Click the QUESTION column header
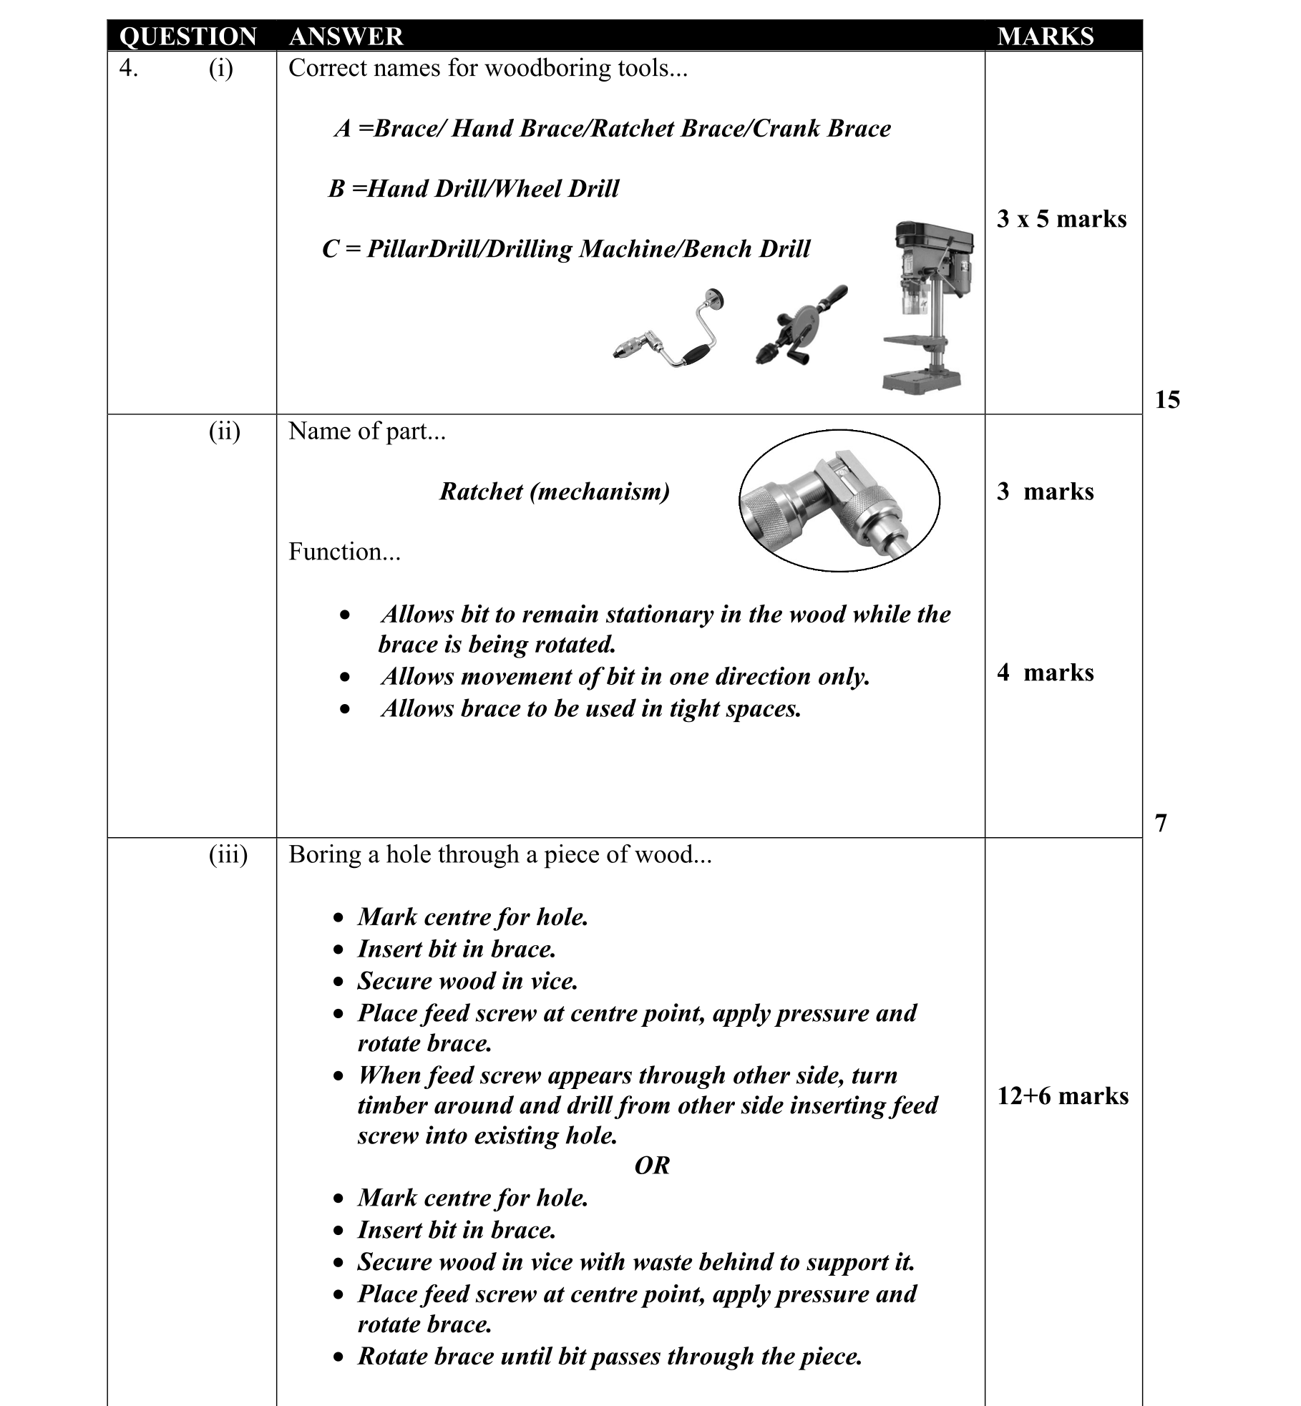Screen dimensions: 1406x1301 point(187,36)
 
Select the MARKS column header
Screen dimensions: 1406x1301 point(1045,36)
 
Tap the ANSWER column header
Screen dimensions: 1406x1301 point(346,36)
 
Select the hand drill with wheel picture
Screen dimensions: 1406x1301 point(801,326)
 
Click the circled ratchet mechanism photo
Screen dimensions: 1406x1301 point(839,500)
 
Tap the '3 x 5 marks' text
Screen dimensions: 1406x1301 point(1061,219)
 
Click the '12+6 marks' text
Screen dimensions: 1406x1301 point(1063,1095)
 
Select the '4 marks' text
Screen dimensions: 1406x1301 point(1045,673)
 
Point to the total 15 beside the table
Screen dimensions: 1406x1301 point(1167,399)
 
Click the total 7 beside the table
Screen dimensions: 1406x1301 point(1161,823)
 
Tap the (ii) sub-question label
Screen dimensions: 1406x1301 point(224,431)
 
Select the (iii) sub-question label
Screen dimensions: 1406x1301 point(228,854)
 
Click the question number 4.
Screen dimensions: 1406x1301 point(128,68)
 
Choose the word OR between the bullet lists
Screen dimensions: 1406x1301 point(652,1166)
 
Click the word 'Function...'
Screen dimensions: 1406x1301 point(344,552)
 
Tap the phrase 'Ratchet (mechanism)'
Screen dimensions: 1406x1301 point(555,492)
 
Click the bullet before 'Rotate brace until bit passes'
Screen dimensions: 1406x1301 point(339,1357)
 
